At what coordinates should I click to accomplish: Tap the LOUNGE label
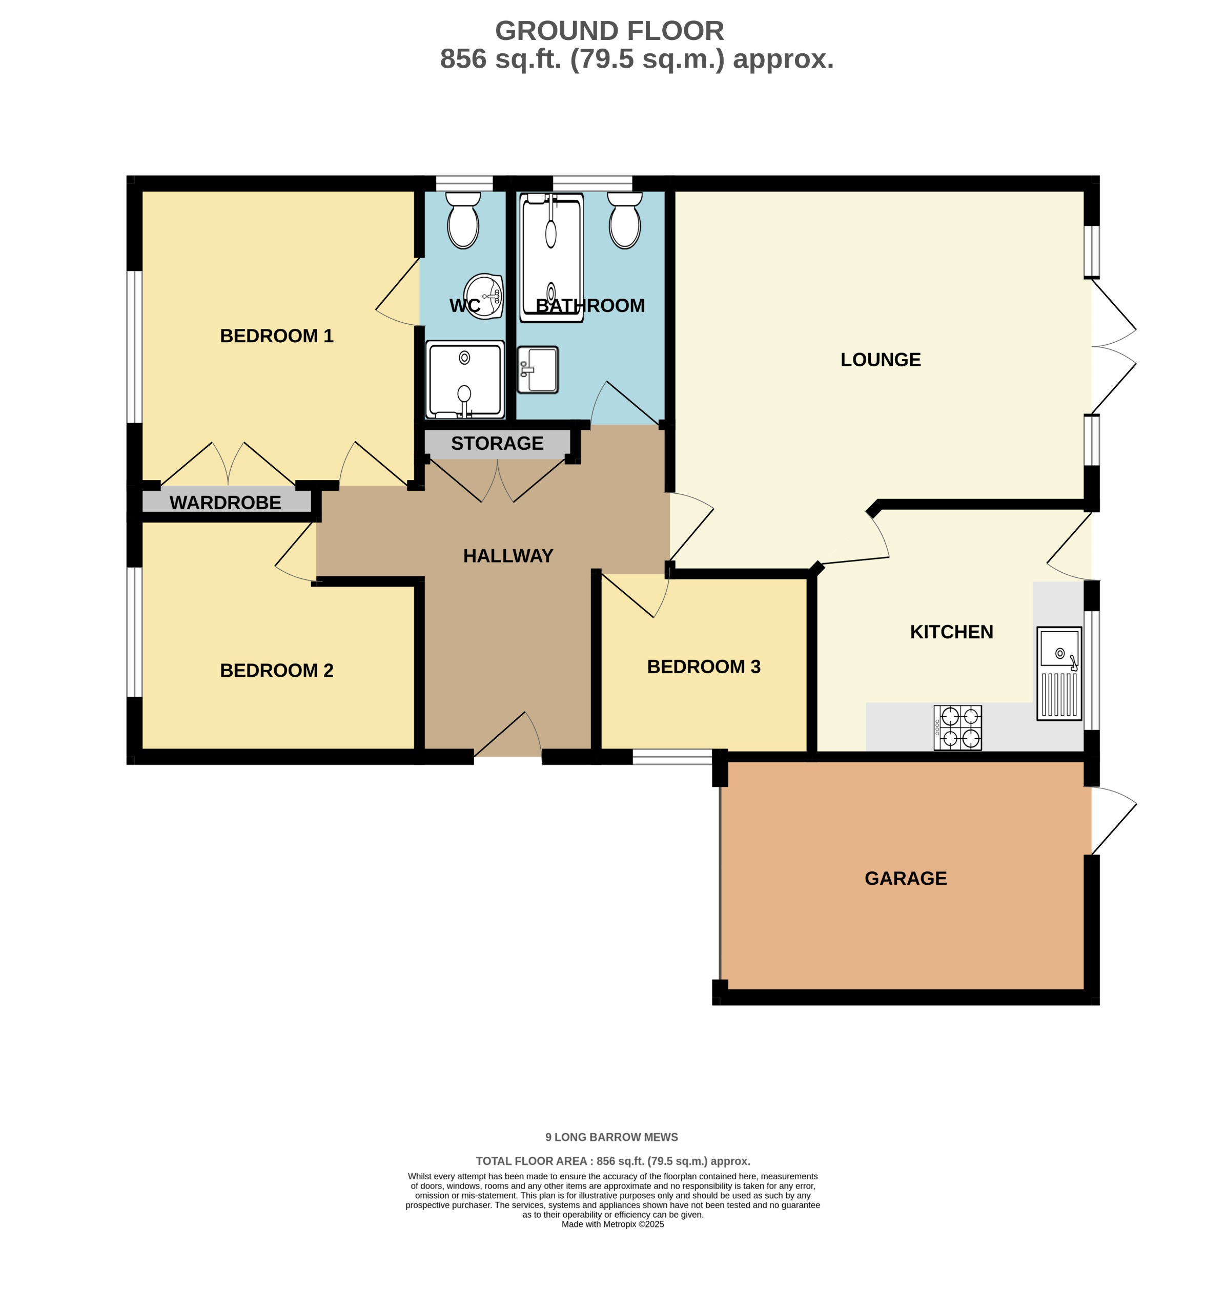click(880, 359)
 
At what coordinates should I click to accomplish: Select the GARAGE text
click(905, 878)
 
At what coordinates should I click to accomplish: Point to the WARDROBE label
click(225, 503)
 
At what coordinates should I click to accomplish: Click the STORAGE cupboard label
click(497, 443)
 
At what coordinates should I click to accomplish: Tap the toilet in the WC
click(463, 221)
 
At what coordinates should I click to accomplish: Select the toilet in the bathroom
click(624, 221)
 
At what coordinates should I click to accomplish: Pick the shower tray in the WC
click(465, 379)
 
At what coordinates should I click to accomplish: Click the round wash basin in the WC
click(484, 295)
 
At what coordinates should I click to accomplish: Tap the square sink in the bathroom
click(538, 370)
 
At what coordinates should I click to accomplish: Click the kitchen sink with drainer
click(1059, 674)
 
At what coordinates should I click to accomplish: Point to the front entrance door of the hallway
click(508, 735)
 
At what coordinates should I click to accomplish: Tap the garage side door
click(1113, 821)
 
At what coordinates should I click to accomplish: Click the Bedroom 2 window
click(134, 632)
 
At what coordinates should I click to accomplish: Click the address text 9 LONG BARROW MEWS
click(611, 1137)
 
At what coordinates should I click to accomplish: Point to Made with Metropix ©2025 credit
click(612, 1224)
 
